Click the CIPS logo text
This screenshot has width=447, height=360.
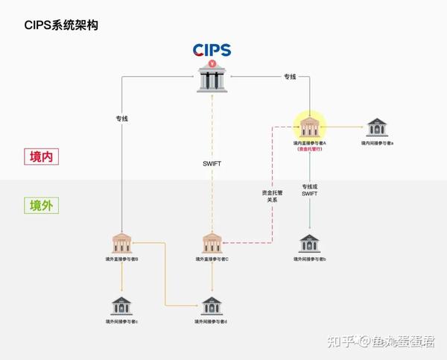coord(212,50)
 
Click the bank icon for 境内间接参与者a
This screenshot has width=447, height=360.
coord(377,127)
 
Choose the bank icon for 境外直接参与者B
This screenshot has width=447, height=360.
coord(123,242)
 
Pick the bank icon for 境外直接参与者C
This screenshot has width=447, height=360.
coord(212,242)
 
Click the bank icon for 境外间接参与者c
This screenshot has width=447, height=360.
coord(121,306)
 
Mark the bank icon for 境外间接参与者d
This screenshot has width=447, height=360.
coord(212,306)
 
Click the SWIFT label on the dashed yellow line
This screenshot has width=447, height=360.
coord(212,163)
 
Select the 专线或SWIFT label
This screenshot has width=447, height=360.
coord(309,189)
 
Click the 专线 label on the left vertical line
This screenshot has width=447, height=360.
coord(122,118)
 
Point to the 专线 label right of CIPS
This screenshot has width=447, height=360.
coord(291,76)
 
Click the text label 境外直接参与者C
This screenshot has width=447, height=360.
coord(212,259)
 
